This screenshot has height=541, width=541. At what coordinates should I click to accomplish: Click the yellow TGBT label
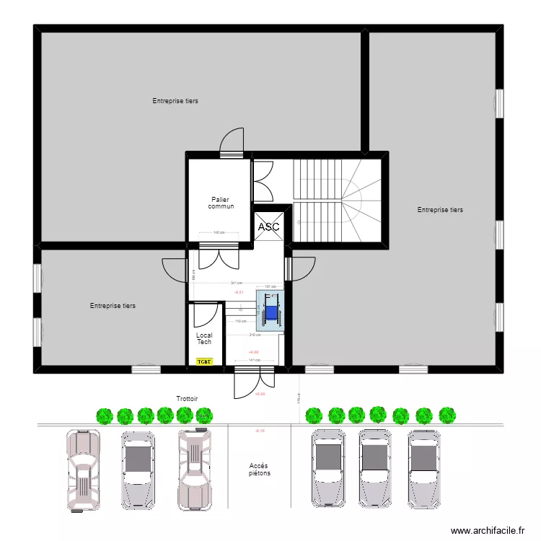tap(205, 361)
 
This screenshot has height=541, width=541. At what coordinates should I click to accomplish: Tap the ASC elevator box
tap(268, 226)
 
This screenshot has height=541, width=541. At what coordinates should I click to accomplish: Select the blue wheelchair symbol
tap(271, 312)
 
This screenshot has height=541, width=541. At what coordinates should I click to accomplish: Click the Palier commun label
tap(221, 203)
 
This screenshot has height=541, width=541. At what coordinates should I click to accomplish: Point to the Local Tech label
tap(204, 338)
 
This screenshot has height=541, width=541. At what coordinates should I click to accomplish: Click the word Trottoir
tap(187, 398)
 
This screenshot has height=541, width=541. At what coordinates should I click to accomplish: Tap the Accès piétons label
tap(259, 470)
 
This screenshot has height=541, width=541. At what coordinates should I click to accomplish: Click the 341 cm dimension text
tap(236, 283)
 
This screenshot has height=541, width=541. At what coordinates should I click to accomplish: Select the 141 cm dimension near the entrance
tap(253, 359)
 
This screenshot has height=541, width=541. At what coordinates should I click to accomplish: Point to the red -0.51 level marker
tap(239, 292)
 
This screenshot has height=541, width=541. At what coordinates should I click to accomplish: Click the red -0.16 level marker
tap(260, 431)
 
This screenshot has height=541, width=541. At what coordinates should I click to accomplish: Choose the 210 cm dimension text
tap(255, 335)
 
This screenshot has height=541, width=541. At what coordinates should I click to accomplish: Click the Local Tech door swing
tap(207, 315)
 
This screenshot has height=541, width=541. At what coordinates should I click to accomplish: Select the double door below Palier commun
tap(219, 256)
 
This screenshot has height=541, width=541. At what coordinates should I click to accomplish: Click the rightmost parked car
tap(423, 468)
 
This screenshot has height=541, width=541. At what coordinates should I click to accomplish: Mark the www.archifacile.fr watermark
tap(488, 531)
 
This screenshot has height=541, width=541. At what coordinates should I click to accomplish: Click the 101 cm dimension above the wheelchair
tap(270, 287)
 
